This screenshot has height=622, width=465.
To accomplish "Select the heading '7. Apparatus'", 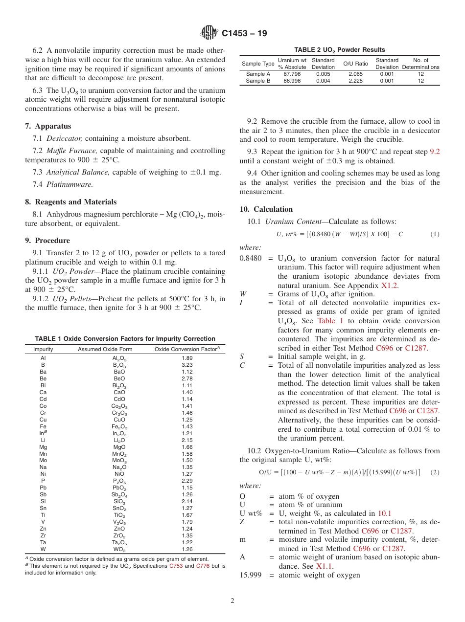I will pos(48,126).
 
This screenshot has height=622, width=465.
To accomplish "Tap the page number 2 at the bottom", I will pos(232,601).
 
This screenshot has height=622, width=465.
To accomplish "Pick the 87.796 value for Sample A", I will pos(292,74).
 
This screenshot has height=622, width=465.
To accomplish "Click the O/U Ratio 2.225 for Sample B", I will pos(355,81).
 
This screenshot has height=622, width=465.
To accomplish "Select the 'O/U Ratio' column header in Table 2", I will pos(355,64).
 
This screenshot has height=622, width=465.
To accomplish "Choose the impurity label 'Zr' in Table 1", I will pos(43,535).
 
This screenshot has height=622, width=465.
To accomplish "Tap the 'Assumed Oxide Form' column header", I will pos(105,349).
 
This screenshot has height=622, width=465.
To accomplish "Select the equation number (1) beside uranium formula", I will pos(435,234).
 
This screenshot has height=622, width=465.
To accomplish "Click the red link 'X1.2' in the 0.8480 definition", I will pos(390,285).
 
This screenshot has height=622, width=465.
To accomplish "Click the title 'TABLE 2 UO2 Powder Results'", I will pos(339,50).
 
